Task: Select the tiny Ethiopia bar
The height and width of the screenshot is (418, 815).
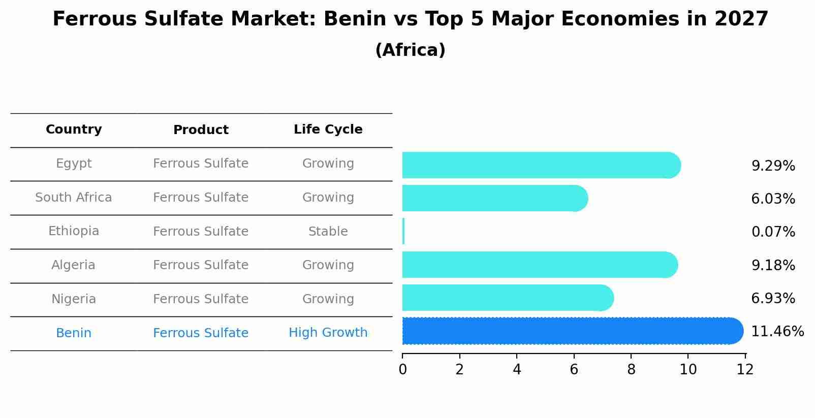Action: (x=403, y=232)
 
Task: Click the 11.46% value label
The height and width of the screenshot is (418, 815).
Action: (x=777, y=332)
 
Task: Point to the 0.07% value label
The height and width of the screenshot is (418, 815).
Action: (x=773, y=232)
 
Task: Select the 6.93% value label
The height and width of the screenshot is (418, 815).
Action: (x=773, y=299)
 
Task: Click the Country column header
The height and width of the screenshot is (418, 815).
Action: (x=74, y=130)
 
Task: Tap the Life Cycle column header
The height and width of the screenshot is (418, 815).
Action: (x=328, y=130)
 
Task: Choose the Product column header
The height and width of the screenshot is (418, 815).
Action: (x=201, y=130)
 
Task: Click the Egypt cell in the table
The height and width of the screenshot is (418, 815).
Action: (x=74, y=164)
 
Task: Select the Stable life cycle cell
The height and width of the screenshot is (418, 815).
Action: (x=328, y=232)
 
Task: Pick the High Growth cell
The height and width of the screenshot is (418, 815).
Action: (x=328, y=333)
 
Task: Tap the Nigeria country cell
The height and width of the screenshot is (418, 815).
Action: (x=74, y=299)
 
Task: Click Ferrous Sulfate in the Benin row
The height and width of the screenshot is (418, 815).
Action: (x=201, y=333)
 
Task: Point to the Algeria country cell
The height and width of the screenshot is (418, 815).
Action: (x=74, y=265)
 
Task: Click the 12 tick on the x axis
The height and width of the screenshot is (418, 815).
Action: (x=745, y=370)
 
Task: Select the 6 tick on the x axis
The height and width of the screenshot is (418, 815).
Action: (x=574, y=370)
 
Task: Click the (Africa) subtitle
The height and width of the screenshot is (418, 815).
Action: (x=410, y=50)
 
